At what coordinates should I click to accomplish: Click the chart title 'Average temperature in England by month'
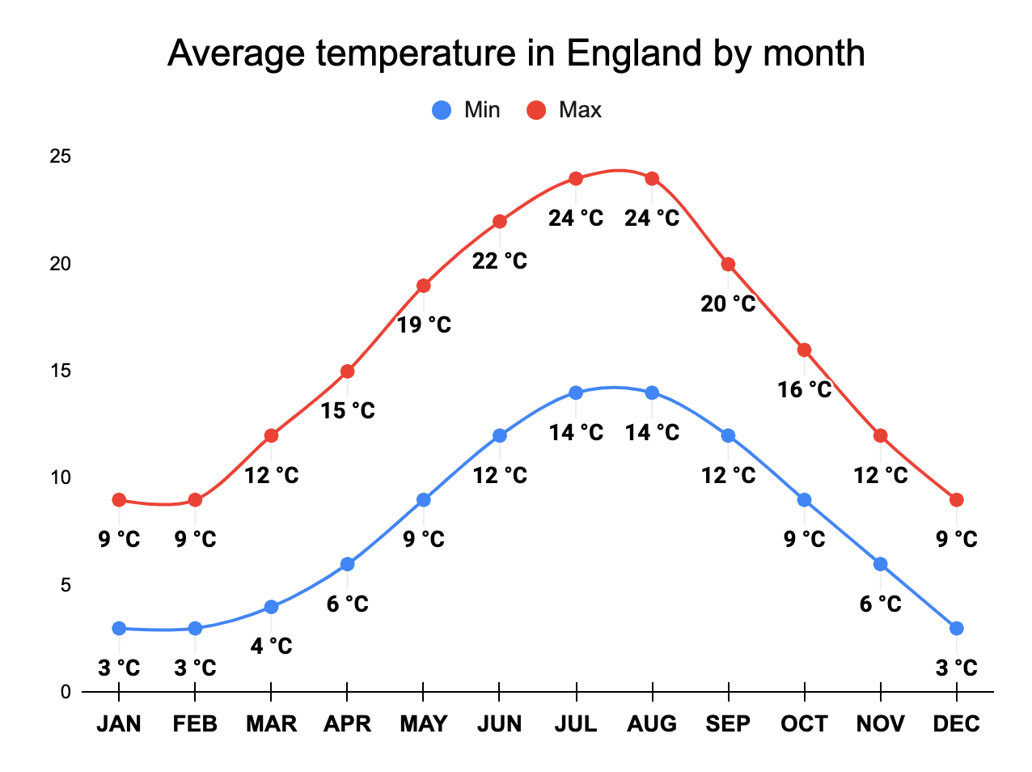click(516, 53)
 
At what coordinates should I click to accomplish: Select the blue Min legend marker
click(442, 110)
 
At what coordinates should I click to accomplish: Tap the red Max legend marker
click(536, 110)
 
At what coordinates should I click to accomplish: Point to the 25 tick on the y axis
click(61, 156)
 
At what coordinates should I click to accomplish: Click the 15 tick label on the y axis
click(61, 371)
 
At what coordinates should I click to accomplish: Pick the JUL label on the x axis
click(576, 723)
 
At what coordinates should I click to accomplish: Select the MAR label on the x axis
click(271, 723)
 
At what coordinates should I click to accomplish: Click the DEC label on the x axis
click(956, 723)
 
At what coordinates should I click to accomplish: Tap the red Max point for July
click(576, 179)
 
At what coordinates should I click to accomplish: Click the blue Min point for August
click(652, 393)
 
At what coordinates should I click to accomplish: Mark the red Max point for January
click(119, 500)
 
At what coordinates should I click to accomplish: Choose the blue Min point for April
click(347, 564)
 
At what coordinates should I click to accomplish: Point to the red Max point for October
click(804, 350)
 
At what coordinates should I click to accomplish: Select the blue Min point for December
click(956, 628)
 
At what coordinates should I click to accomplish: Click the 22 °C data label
click(500, 261)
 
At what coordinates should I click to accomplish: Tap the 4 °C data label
click(271, 647)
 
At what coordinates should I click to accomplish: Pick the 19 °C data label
click(424, 325)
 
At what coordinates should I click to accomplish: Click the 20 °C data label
click(728, 304)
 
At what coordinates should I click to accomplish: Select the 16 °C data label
click(804, 390)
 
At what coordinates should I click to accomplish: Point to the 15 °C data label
click(347, 411)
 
